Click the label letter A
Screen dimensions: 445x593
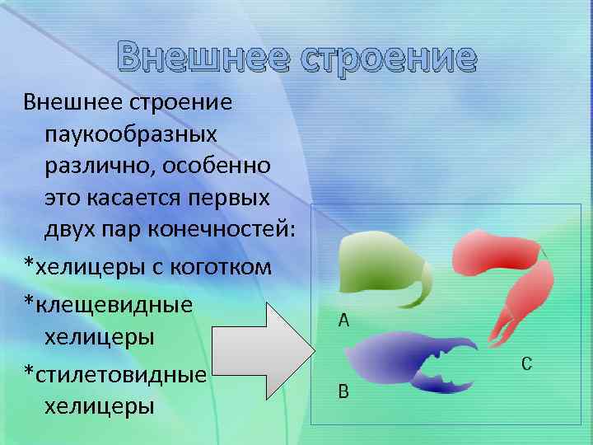344,321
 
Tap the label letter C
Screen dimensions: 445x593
527,363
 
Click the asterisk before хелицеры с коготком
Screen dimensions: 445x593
29,265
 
